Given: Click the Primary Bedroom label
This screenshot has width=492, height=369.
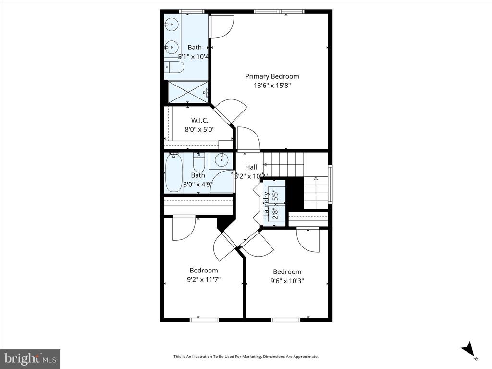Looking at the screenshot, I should [x=272, y=76].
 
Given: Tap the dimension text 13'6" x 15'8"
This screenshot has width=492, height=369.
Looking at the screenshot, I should [x=272, y=86].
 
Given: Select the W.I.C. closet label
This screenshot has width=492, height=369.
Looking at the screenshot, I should [x=200, y=120].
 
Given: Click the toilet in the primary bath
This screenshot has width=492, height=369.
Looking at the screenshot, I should [x=174, y=67].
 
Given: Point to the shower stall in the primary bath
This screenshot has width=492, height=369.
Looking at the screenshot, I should [x=188, y=92].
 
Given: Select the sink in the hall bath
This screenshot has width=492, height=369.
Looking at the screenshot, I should [x=221, y=160].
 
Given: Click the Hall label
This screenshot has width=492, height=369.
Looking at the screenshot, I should [x=251, y=167].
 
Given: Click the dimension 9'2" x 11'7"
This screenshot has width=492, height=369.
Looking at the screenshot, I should [x=204, y=279].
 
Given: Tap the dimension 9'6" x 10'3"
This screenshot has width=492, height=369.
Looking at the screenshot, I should [x=287, y=281].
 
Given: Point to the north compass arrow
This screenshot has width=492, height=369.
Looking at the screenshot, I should [x=467, y=349].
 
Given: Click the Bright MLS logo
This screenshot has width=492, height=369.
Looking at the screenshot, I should [x=30, y=358].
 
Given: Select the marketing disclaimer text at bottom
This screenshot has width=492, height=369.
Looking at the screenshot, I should [x=246, y=357].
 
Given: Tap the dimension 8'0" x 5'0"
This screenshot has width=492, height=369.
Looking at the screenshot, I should [x=200, y=129].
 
